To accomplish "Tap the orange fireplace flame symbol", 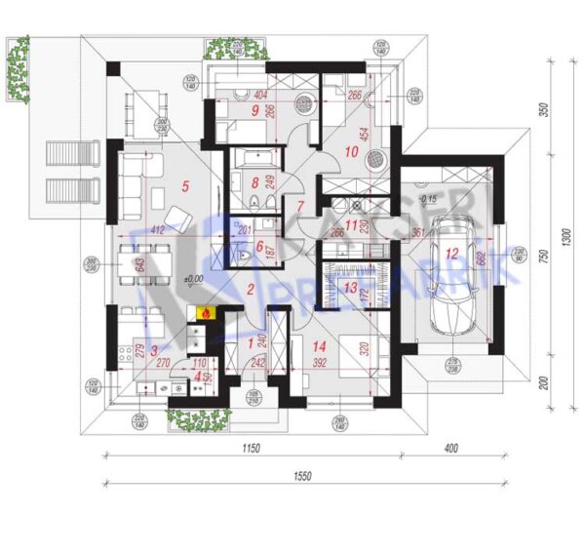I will coord(205,313).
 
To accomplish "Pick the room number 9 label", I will coord(255,110).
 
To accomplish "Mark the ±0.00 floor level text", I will coord(196,279).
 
